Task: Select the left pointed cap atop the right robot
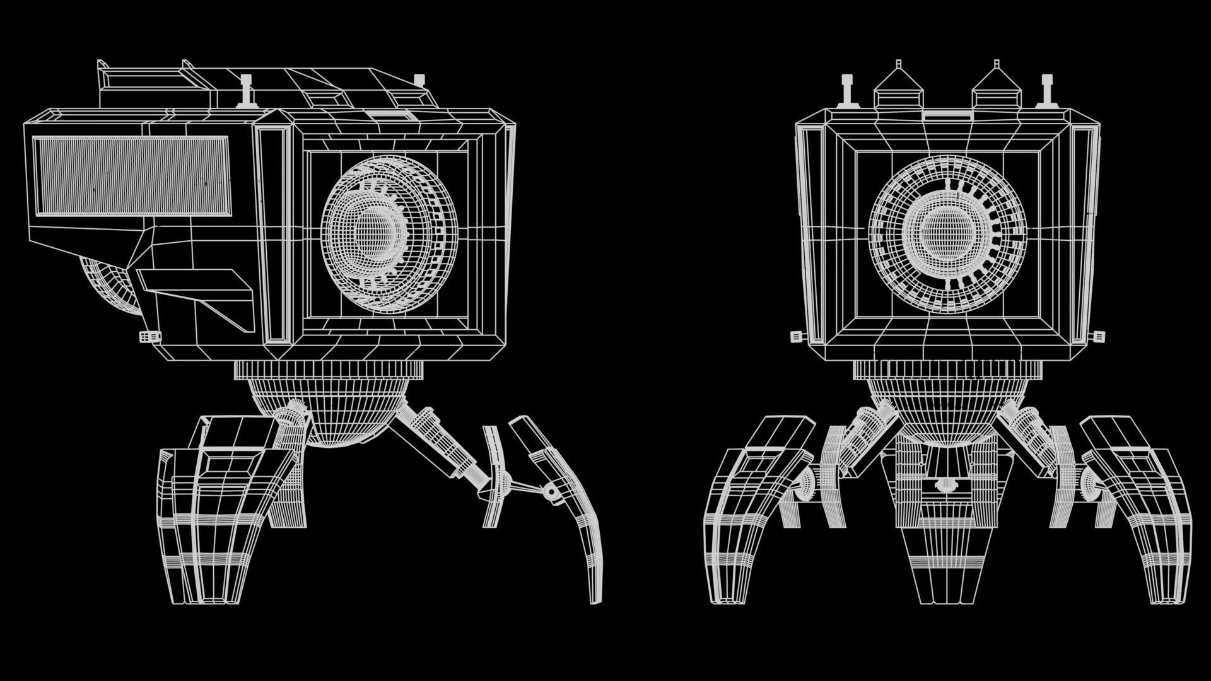pos(898,89)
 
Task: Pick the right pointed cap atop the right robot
pos(997,89)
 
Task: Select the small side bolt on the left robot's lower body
pos(149,337)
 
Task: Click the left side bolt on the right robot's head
pos(797,337)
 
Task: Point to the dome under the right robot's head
pos(946,410)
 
